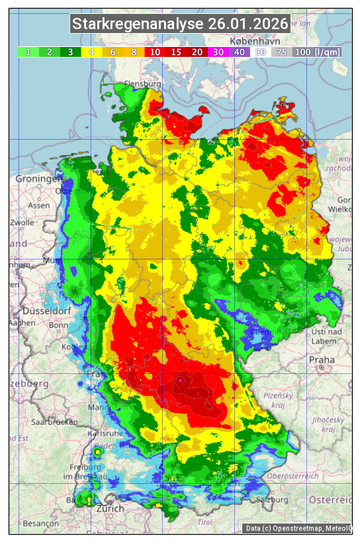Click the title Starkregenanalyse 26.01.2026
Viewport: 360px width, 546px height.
180,24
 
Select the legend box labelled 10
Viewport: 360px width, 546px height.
154,52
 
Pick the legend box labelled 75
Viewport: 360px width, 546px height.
281,52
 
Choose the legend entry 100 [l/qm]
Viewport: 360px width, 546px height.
317,52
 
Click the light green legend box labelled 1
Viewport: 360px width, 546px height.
28,52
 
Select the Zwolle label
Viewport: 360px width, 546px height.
21,222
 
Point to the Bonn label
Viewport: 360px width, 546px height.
58,325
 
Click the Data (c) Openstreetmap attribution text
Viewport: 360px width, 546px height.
298,528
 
